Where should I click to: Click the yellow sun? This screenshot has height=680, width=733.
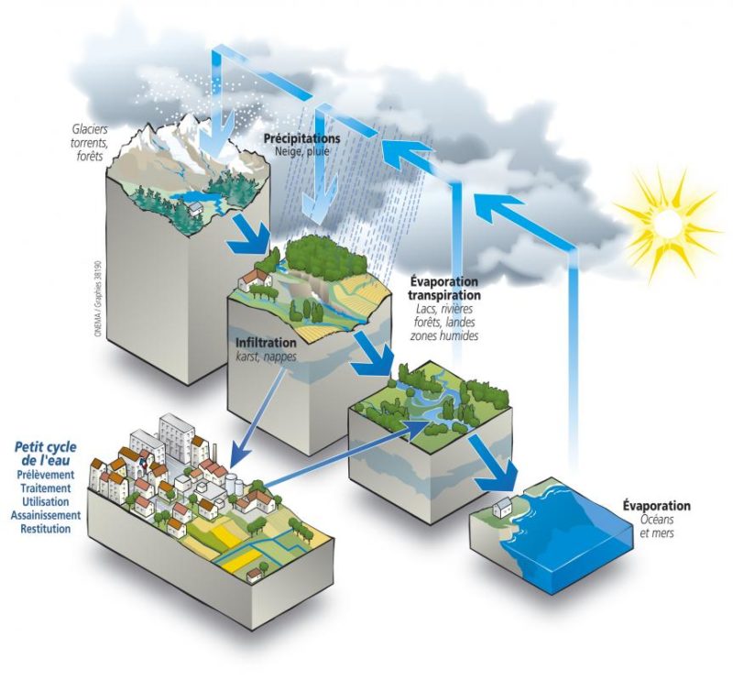pos(666,223)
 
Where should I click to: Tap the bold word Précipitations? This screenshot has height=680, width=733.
pos(302,138)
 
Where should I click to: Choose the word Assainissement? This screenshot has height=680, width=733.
pos(45,515)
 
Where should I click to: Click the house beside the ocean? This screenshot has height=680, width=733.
pos(500,504)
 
